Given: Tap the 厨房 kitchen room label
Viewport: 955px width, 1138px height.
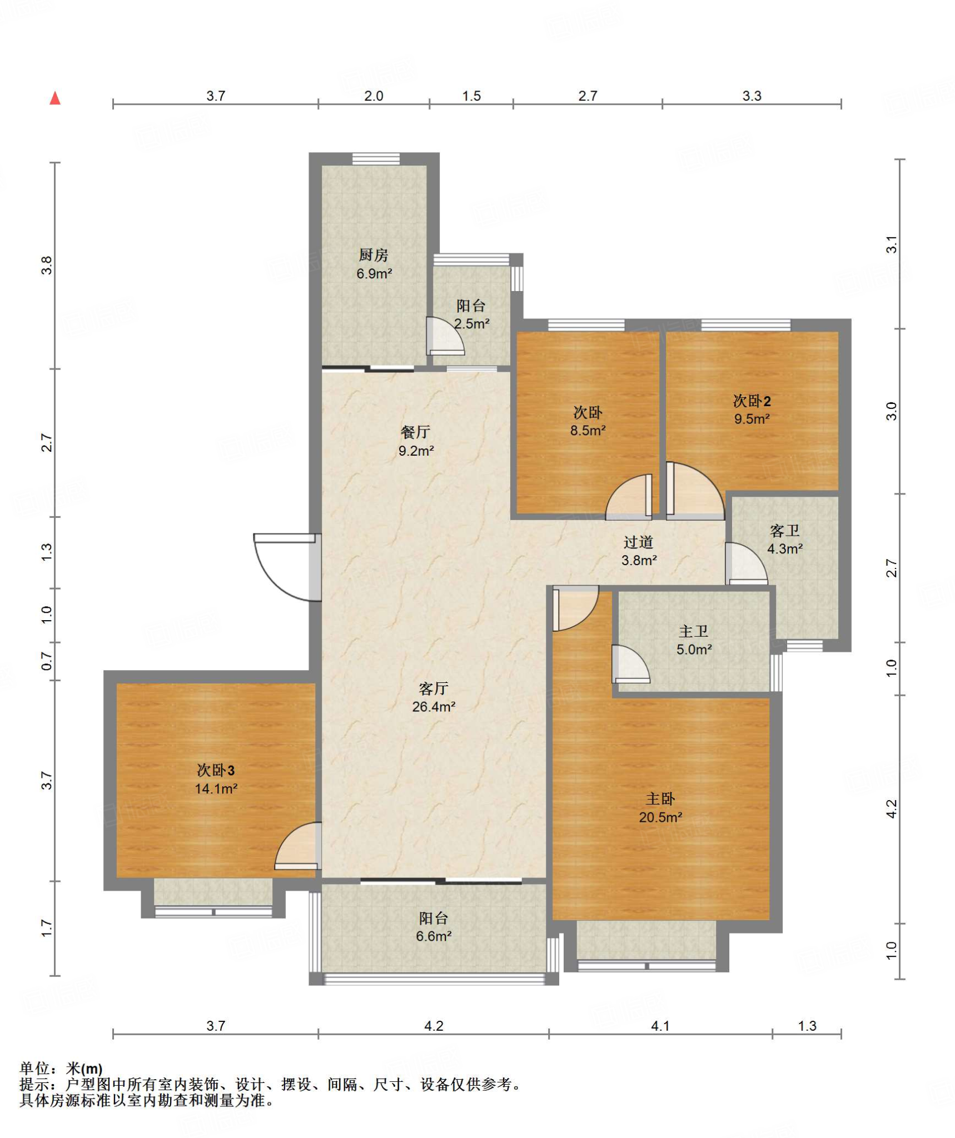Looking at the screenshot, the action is click(373, 255).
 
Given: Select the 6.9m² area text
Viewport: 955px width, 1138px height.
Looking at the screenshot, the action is click(374, 273).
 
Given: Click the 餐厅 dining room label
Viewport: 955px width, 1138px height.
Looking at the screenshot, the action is click(415, 432).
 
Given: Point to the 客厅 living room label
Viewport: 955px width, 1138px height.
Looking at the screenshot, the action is click(434, 688).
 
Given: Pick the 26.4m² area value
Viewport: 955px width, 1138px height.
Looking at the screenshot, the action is click(434, 707).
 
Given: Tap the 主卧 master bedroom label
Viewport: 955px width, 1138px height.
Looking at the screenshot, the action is click(660, 798).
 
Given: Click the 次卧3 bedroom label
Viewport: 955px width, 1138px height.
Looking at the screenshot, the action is click(216, 770).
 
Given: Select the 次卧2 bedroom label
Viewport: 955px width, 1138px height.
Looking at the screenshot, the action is click(752, 401).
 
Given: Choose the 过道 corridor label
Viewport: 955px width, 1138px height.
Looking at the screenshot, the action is click(638, 542).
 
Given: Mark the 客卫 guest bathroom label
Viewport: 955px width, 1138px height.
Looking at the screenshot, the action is click(784, 531).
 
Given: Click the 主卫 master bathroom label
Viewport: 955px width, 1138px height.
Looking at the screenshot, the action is click(693, 631).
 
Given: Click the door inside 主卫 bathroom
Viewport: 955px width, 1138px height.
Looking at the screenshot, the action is click(630, 663).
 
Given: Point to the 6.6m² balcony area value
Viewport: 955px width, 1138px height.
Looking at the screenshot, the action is click(434, 936).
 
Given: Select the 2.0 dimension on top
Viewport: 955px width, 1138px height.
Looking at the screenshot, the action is click(374, 96).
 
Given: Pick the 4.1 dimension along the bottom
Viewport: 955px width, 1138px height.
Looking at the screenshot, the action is click(660, 1026).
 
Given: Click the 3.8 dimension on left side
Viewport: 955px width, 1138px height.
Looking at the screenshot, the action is click(47, 265).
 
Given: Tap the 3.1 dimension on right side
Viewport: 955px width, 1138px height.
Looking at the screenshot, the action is click(891, 244).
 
